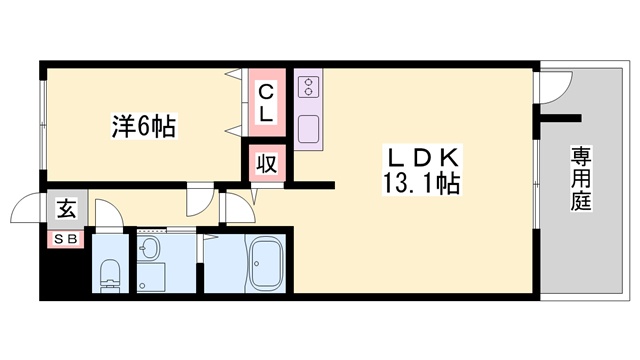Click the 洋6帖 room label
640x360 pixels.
click(x=142, y=126)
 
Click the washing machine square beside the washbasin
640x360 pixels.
click(x=152, y=277)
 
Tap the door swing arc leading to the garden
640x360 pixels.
click(x=550, y=90)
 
